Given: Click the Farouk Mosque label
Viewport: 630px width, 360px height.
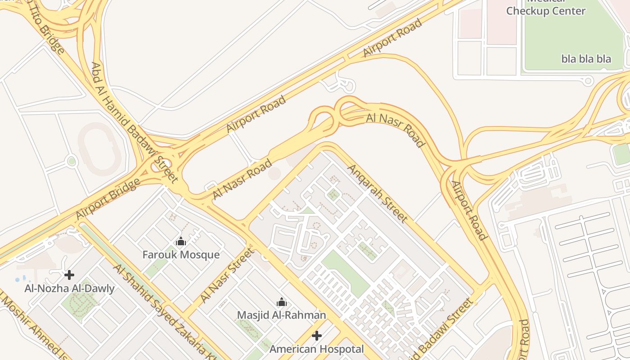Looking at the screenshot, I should (181, 255).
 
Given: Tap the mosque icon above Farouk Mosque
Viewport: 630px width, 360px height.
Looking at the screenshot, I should (181, 242).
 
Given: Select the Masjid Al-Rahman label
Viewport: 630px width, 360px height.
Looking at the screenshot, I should (281, 315).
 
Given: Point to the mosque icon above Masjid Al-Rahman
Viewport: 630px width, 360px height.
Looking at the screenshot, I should (282, 302).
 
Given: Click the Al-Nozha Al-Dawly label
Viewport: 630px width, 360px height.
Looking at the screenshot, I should (69, 288).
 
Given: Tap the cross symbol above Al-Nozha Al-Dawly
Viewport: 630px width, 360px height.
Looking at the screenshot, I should (69, 274).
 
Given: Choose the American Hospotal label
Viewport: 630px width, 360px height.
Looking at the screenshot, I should (316, 349).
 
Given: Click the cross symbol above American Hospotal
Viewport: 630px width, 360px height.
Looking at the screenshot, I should (317, 336).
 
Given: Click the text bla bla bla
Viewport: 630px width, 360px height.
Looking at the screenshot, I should (586, 59).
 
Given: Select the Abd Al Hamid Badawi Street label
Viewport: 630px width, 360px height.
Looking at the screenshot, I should (134, 122).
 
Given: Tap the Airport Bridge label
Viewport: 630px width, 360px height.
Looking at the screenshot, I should (108, 199).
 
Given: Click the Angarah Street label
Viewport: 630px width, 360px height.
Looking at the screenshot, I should (378, 193).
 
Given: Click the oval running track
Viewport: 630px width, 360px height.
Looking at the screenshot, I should (99, 149).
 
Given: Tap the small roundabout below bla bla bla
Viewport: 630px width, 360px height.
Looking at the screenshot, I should (587, 81).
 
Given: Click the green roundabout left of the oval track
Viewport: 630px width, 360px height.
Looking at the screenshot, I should (72, 161).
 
